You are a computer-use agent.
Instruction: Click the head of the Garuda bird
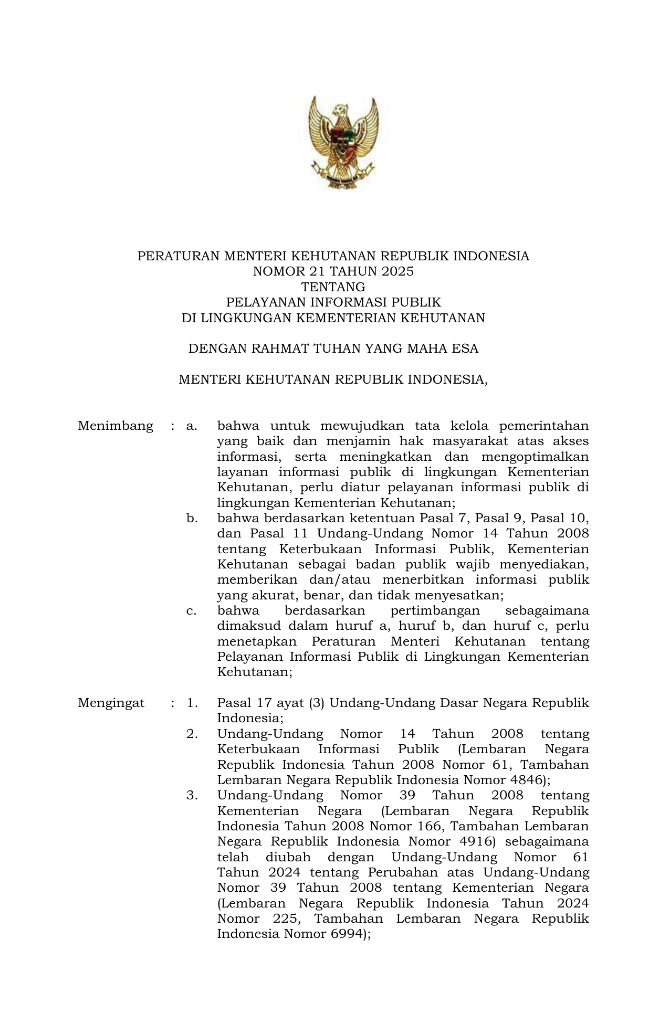(x=340, y=110)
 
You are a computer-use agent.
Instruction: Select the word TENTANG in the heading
(x=333, y=287)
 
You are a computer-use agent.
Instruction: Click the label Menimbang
(x=116, y=426)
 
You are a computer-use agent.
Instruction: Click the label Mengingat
(x=111, y=703)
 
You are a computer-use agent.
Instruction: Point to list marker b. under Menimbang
(x=192, y=519)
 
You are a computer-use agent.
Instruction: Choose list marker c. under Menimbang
(x=191, y=611)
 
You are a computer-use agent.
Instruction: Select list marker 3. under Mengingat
(x=192, y=796)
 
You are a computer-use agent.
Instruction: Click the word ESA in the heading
(x=464, y=349)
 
